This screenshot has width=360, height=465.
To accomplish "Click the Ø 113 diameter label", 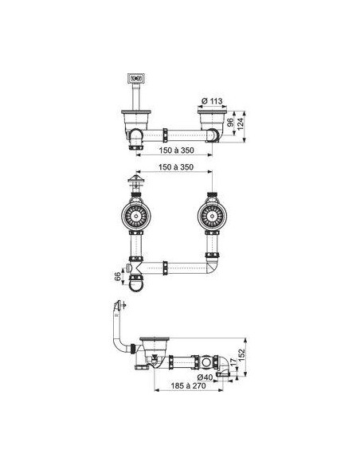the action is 212,101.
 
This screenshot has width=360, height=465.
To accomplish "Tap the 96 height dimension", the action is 230,123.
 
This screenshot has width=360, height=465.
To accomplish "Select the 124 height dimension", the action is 240,124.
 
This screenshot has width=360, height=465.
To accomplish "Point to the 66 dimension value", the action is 118,276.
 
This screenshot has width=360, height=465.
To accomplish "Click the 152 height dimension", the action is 241,356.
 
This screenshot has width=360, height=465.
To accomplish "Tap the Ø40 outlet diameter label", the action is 205,377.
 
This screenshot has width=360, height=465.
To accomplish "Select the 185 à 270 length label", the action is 188,386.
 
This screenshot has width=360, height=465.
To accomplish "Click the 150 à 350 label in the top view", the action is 176,150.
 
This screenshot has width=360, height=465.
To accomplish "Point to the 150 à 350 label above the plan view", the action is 176,167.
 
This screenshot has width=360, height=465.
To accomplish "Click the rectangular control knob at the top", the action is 136,78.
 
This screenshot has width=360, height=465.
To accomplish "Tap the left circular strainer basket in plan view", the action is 136,216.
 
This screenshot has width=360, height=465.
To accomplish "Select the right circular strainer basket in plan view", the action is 212,216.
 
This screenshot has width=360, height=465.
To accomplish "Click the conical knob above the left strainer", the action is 136,178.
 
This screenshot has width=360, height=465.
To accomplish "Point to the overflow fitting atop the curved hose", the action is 119,305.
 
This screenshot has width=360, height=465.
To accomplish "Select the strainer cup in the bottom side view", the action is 155,347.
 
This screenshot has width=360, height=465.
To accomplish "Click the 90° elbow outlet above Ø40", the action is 223,365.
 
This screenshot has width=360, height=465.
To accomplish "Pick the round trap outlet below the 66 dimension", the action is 136,285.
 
